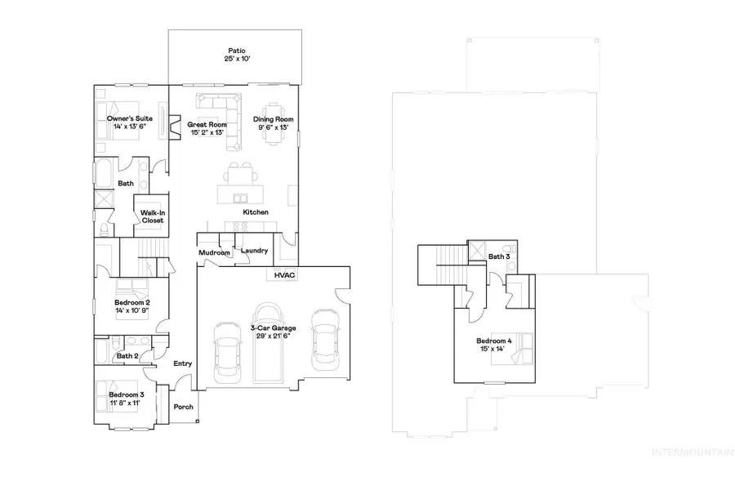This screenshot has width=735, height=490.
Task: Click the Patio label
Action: click(x=236, y=49)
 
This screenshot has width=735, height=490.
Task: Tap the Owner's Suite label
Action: click(x=129, y=118)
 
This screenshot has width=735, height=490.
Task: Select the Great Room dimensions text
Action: click(x=207, y=133)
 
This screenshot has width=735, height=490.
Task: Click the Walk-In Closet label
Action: click(x=153, y=216)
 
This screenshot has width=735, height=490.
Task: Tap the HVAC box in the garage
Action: click(x=284, y=275)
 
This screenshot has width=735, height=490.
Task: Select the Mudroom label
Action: click(x=214, y=253)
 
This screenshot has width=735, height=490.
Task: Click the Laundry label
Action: click(x=254, y=251)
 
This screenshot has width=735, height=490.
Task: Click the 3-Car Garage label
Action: click(x=273, y=327)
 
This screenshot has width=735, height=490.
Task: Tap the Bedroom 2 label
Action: click(x=131, y=302)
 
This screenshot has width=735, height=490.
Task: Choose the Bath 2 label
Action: click(x=126, y=356)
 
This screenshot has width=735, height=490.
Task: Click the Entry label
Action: click(x=182, y=363)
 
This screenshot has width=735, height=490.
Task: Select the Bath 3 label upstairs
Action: click(x=498, y=257)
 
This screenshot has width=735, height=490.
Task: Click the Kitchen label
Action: click(x=256, y=212)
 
